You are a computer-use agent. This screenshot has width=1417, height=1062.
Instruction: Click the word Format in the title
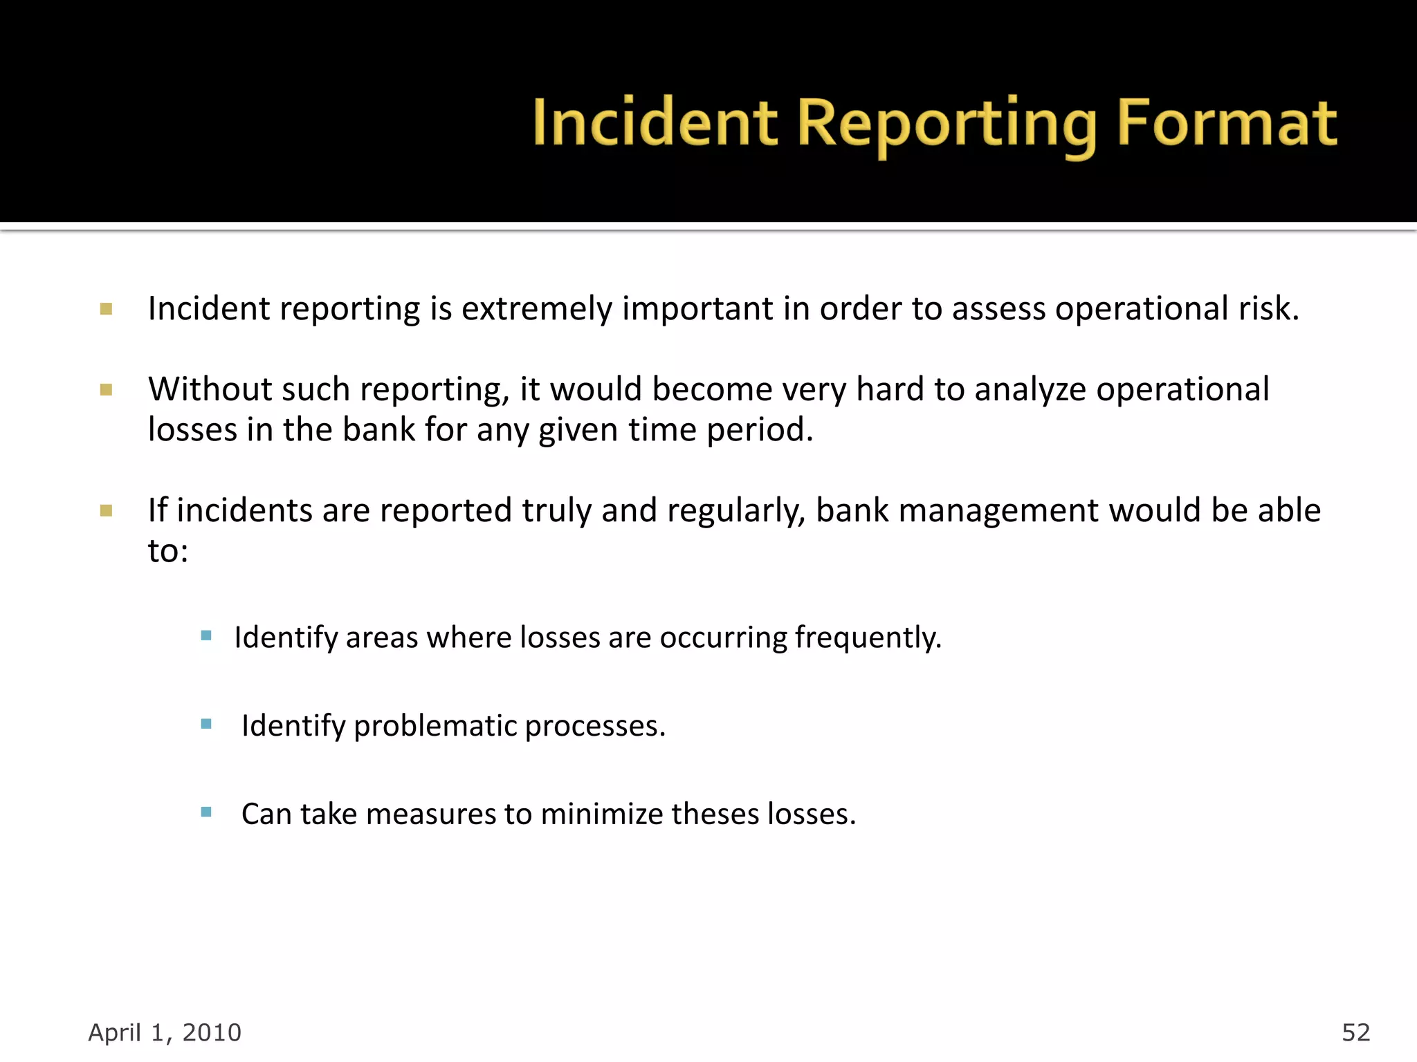point(1226,124)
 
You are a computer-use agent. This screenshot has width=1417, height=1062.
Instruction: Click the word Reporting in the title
point(947,125)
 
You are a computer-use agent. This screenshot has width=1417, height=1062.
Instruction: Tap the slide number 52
point(1355,1032)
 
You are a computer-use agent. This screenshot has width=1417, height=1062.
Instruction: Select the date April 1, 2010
point(165,1032)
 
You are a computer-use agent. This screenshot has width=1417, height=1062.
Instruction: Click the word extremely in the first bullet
point(536,309)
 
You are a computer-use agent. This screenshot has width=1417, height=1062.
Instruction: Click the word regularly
point(735,511)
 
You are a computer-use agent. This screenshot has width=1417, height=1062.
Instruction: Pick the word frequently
point(868,637)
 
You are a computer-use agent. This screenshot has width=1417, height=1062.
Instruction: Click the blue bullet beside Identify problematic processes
point(206,725)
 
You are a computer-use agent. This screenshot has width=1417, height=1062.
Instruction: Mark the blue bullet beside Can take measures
point(206,812)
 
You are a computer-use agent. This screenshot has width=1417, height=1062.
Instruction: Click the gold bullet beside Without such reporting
point(106,390)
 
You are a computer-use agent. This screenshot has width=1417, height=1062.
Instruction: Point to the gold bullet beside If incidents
point(106,511)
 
